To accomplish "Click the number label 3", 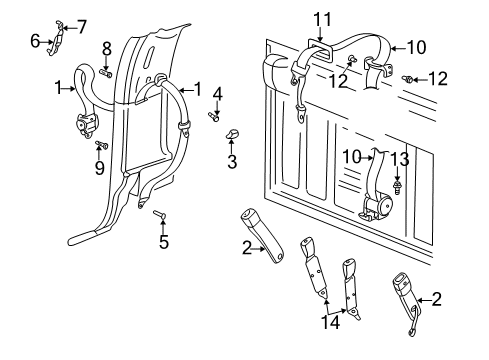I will pyautogui.click(x=231, y=161).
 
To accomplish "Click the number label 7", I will pyautogui.click(x=82, y=26).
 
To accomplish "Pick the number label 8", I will pyautogui.click(x=107, y=47).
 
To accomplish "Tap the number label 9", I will pyautogui.click(x=99, y=167).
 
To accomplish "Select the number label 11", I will pyautogui.click(x=321, y=17).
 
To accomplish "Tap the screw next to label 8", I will pyautogui.click(x=107, y=71).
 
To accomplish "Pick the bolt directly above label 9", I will pyautogui.click(x=99, y=147).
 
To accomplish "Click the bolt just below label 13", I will pyautogui.click(x=399, y=184).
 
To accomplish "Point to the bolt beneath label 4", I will pyautogui.click(x=214, y=116).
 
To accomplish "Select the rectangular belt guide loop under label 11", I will pyautogui.click(x=319, y=47).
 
